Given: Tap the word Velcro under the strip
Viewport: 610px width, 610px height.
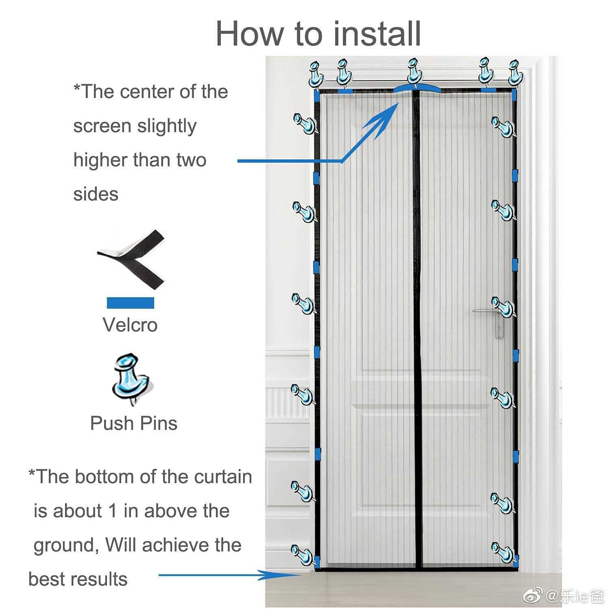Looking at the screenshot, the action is (x=130, y=325).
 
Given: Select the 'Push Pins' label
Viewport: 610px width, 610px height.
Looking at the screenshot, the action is (x=134, y=423).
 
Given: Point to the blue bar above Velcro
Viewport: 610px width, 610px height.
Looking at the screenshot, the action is (x=131, y=303).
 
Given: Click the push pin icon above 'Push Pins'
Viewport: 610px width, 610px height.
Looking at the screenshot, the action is (x=131, y=379).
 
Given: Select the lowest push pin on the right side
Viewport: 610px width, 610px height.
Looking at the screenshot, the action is (x=503, y=552).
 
